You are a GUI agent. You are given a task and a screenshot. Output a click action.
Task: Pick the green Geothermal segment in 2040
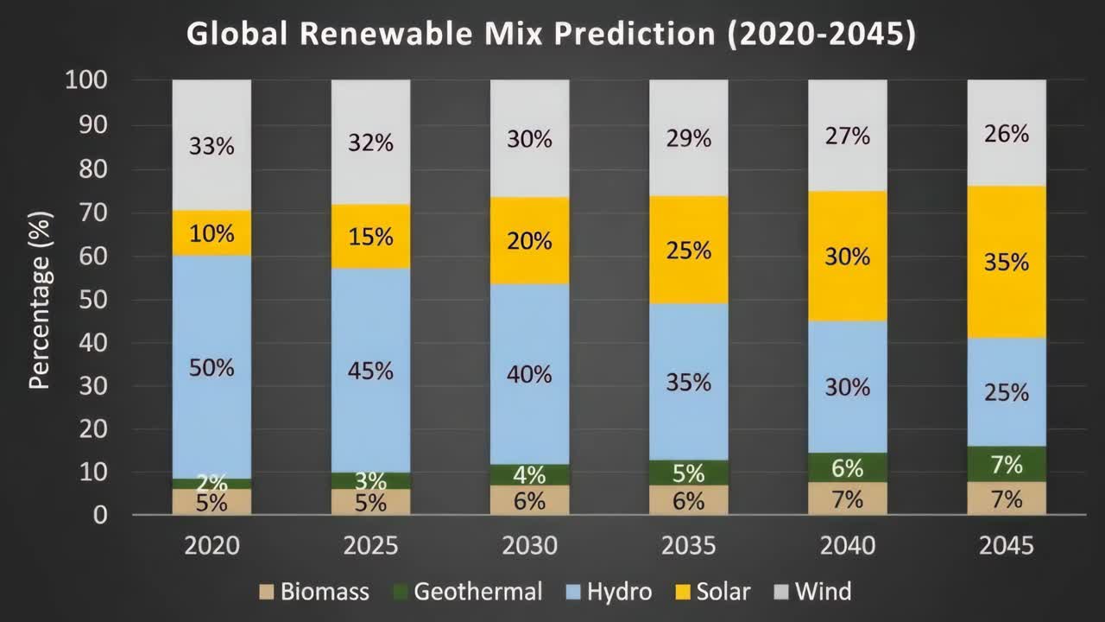click(x=848, y=467)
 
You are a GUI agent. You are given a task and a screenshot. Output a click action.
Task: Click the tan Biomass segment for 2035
click(x=689, y=500)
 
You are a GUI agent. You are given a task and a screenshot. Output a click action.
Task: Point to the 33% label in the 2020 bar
click(x=212, y=145)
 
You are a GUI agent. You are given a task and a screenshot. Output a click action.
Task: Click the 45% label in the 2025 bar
click(x=370, y=371)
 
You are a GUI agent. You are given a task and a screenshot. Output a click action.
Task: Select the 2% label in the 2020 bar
click(x=212, y=483)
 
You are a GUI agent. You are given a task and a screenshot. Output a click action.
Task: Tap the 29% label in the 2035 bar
click(x=689, y=138)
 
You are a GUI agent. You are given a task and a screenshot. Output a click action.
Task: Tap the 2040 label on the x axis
click(x=848, y=546)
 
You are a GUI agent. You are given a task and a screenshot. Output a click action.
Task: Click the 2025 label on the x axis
click(x=370, y=546)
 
